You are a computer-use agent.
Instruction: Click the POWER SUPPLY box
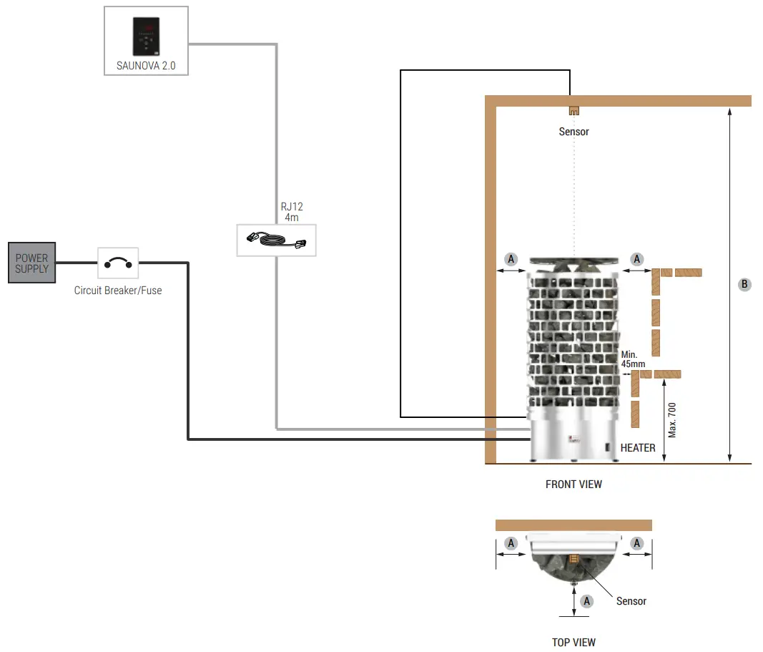[32, 263]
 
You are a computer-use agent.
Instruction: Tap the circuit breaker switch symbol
[118, 263]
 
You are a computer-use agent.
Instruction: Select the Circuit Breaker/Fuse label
[118, 291]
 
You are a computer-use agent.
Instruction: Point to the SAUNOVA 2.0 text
[146, 66]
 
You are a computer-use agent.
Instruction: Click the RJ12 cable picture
[276, 240]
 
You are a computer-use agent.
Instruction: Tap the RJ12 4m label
[292, 211]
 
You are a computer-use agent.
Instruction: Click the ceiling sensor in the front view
[574, 111]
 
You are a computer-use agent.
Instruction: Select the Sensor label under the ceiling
[574, 132]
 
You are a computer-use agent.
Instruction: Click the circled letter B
[744, 284]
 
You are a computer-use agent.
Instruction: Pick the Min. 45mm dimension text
[633, 359]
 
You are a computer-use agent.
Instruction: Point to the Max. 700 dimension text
[672, 420]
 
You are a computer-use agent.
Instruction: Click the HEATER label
[638, 448]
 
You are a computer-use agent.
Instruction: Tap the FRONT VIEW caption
[574, 485]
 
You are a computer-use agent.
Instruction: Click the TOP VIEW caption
[574, 642]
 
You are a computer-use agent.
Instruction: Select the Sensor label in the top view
[631, 601]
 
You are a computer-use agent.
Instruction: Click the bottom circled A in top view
[587, 601]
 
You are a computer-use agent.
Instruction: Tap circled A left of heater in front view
[511, 259]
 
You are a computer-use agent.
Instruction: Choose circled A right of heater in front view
[637, 259]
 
